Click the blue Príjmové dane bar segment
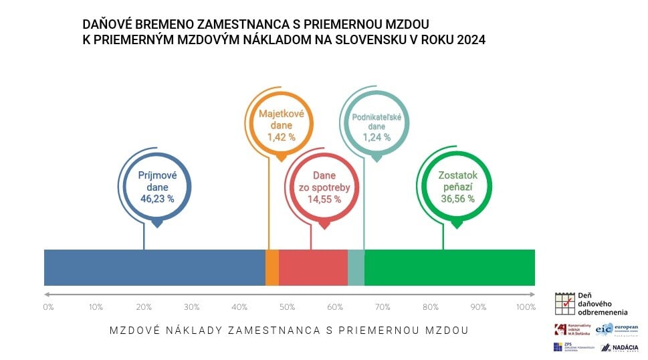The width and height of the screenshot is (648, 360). click(154, 267)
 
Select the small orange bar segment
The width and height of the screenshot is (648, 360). click(272, 267)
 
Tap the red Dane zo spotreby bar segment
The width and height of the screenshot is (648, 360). click(313, 267)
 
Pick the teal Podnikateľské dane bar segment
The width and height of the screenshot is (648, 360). click(356, 267)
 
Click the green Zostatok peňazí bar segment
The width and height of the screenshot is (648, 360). click(449, 267)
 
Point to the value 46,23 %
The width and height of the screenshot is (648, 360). click(157, 199)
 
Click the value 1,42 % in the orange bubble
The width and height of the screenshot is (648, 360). click(281, 137)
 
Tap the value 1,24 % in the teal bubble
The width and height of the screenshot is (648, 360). click(376, 137)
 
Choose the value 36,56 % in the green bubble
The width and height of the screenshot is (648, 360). click(457, 199)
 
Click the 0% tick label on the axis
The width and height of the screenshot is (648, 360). click(48, 307)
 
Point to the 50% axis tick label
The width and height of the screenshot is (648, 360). click(287, 307)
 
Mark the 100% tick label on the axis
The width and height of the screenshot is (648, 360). click(526, 307)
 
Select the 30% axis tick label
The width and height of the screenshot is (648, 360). click(191, 307)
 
